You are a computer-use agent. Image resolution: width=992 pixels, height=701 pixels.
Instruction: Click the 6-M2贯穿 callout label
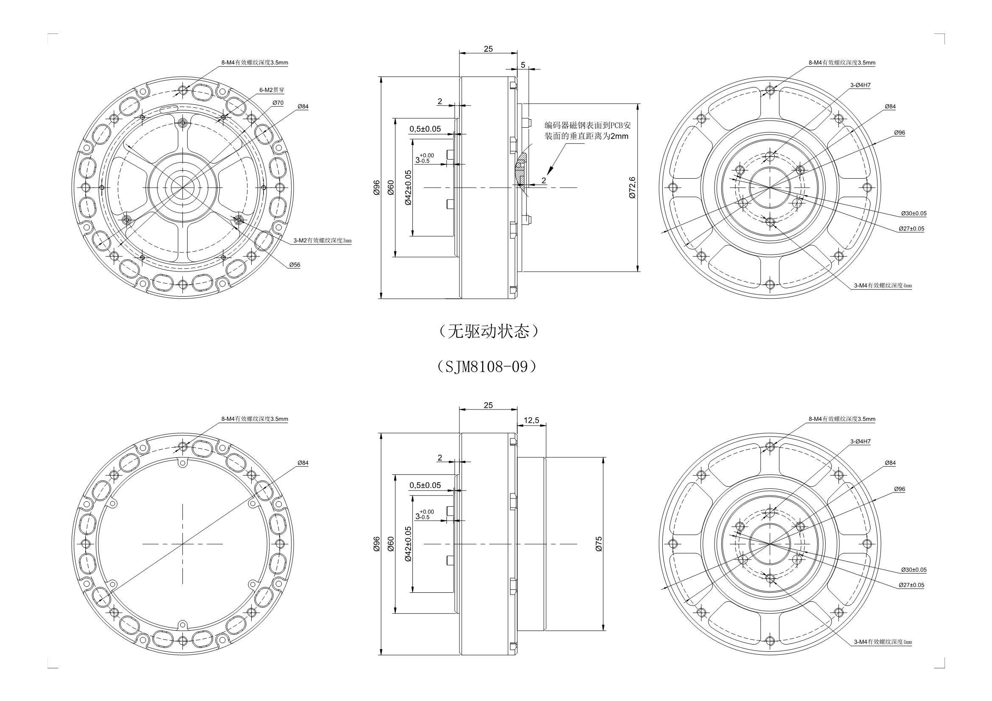pos(272,90)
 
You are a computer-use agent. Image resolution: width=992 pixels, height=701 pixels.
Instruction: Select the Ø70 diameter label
pos(278,103)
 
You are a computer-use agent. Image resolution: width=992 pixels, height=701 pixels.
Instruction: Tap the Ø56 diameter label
pos(294,264)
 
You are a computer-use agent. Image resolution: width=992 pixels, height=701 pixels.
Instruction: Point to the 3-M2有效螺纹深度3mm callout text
pos(323,240)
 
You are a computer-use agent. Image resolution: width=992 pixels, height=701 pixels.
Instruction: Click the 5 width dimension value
pos(523,65)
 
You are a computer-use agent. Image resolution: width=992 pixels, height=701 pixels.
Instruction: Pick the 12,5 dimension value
pos(531,420)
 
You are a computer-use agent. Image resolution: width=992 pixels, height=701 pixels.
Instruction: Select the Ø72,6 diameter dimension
pos(632,187)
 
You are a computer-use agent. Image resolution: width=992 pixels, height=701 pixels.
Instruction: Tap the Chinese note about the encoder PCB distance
pos(588,131)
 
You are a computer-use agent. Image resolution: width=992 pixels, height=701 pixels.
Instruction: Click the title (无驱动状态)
pos(488,331)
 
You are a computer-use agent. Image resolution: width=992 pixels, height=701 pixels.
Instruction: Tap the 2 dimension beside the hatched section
pos(544,180)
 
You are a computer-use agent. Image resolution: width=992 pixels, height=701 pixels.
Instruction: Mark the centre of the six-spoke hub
pos(183,187)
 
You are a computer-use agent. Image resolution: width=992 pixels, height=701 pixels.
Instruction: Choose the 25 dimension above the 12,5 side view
pos(488,405)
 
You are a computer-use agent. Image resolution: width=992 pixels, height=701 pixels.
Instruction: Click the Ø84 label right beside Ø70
pos(303,107)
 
